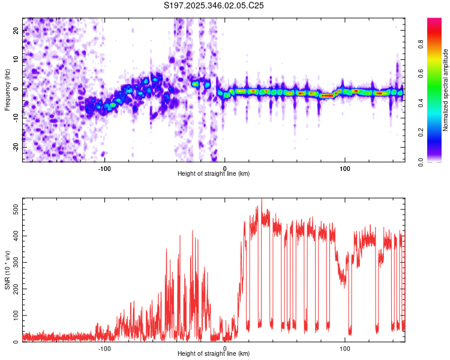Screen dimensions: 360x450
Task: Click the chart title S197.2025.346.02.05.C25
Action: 214,5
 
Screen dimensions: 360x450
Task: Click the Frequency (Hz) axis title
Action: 7,90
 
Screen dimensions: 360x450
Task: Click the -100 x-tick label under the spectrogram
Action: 105,168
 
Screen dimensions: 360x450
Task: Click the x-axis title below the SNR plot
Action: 214,354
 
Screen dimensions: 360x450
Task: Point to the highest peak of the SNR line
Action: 261,200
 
